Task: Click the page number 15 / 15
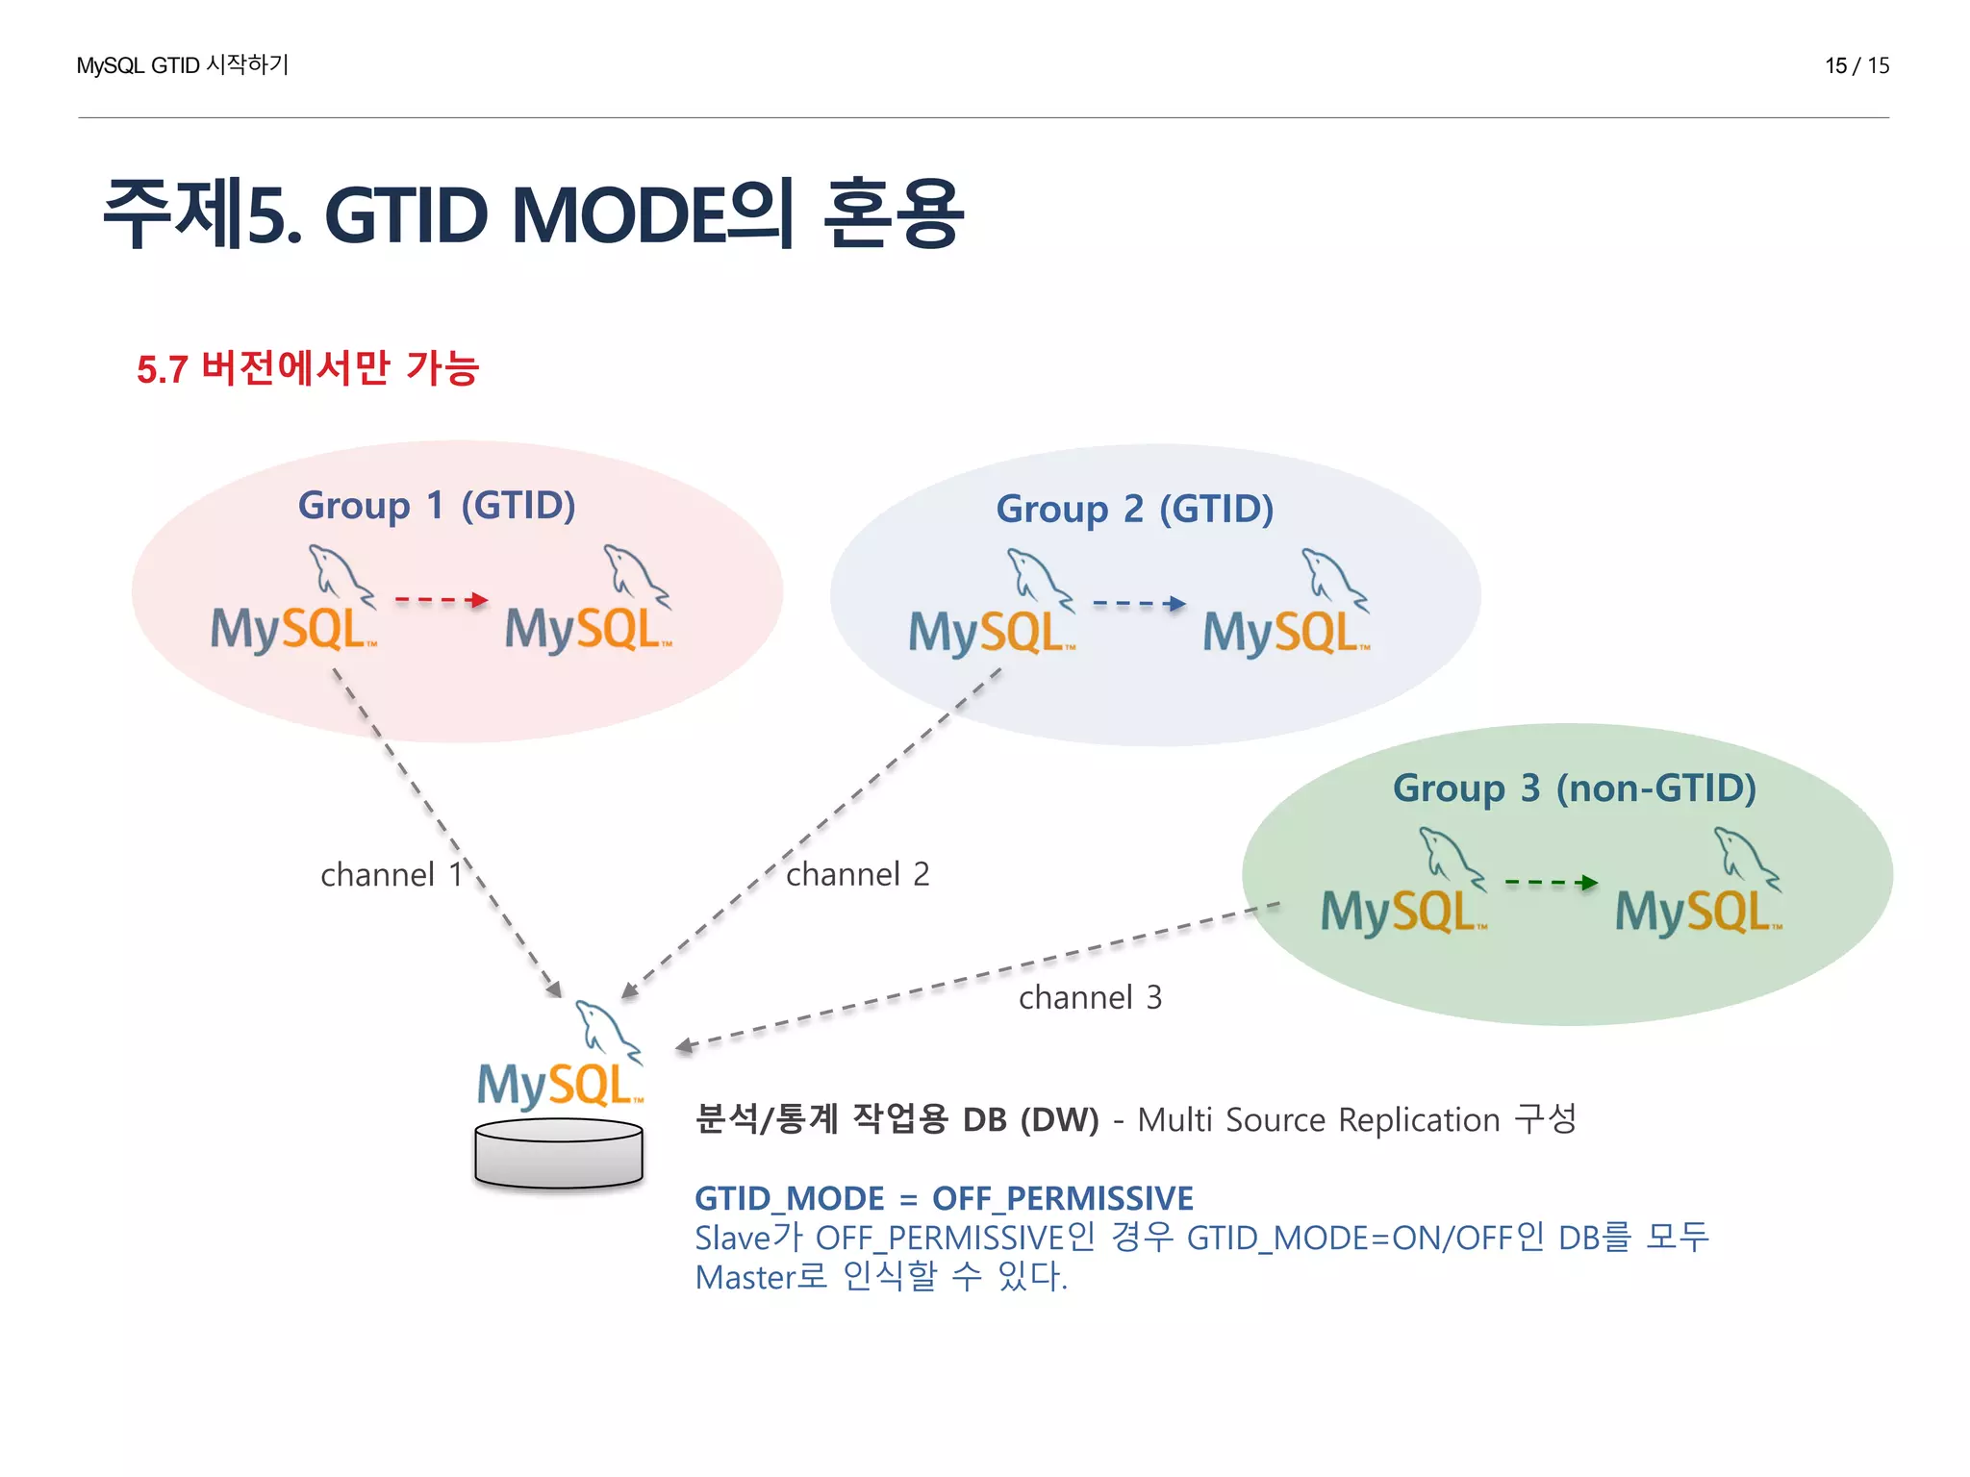(1856, 65)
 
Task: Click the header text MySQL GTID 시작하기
(183, 65)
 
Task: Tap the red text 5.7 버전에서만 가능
(308, 369)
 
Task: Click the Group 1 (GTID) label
(437, 506)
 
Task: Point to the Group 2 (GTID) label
(1134, 510)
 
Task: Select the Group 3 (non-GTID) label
(1575, 789)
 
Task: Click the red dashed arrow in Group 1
(442, 600)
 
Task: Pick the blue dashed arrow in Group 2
(1139, 604)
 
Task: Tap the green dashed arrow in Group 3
(1551, 882)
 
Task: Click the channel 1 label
(391, 875)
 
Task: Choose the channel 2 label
(858, 874)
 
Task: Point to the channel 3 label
(1090, 998)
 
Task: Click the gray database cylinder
(559, 1154)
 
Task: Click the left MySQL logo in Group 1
(293, 606)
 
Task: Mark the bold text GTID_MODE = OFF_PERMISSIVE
(944, 1199)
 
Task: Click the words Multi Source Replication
(1318, 1120)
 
